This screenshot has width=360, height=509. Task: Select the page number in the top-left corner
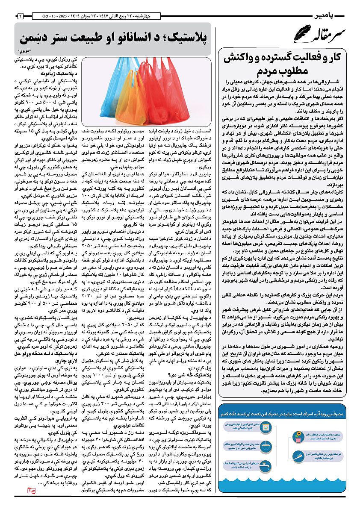[20, 16]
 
